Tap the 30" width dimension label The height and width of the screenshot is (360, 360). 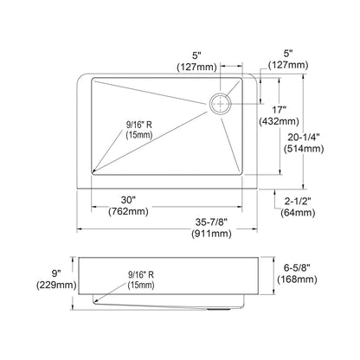[128, 200]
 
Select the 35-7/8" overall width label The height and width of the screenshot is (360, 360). [211, 222]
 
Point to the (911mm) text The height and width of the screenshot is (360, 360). [211, 233]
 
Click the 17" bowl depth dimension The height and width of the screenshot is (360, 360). [280, 110]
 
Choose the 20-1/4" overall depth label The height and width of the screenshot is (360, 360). [304, 138]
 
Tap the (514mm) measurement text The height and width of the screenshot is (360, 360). [304, 149]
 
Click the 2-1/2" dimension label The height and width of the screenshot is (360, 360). [298, 201]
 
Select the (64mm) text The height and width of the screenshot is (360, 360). [298, 213]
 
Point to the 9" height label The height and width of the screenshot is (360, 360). [56, 273]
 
